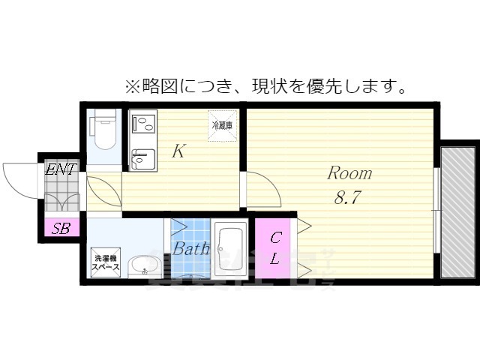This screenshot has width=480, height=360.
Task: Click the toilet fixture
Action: [x=103, y=129]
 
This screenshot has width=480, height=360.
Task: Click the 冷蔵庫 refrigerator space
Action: [x=221, y=124]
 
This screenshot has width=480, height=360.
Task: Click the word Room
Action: [x=349, y=173]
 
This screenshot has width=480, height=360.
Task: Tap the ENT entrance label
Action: [x=60, y=169]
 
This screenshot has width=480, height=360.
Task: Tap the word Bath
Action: [x=191, y=250]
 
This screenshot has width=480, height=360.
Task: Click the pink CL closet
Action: [x=275, y=248]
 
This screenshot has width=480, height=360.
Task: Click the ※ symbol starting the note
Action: [x=133, y=86]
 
